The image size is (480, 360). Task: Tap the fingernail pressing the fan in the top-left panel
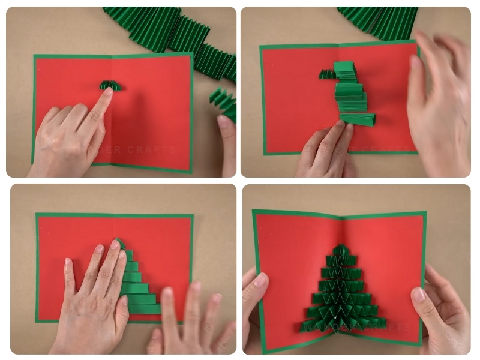click(x=108, y=92)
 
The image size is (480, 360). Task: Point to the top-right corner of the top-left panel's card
click(x=190, y=53)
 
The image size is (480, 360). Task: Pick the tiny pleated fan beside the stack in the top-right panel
click(x=327, y=74)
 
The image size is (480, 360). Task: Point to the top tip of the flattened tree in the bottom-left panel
click(x=120, y=242)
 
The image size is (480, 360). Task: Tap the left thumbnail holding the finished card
click(x=260, y=280)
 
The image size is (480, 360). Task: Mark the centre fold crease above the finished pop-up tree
click(x=343, y=228)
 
